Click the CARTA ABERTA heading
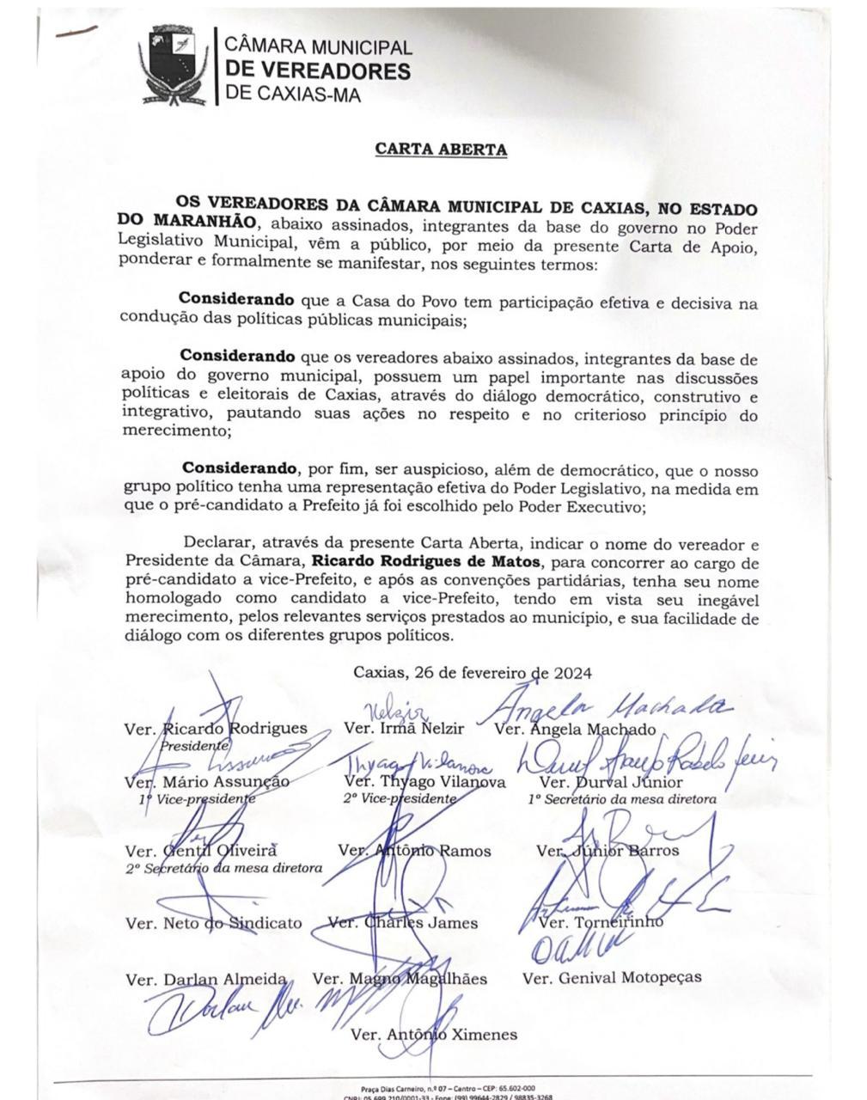441,150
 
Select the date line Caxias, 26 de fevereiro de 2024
473,673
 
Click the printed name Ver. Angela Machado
577,730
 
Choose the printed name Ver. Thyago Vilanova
424,782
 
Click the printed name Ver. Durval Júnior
611,782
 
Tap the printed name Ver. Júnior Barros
608,851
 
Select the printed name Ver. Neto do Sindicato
214,923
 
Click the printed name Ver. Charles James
403,923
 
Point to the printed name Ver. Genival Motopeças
612,977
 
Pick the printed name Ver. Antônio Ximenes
434,1035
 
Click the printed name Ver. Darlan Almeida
205,979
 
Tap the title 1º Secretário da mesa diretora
622,800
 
